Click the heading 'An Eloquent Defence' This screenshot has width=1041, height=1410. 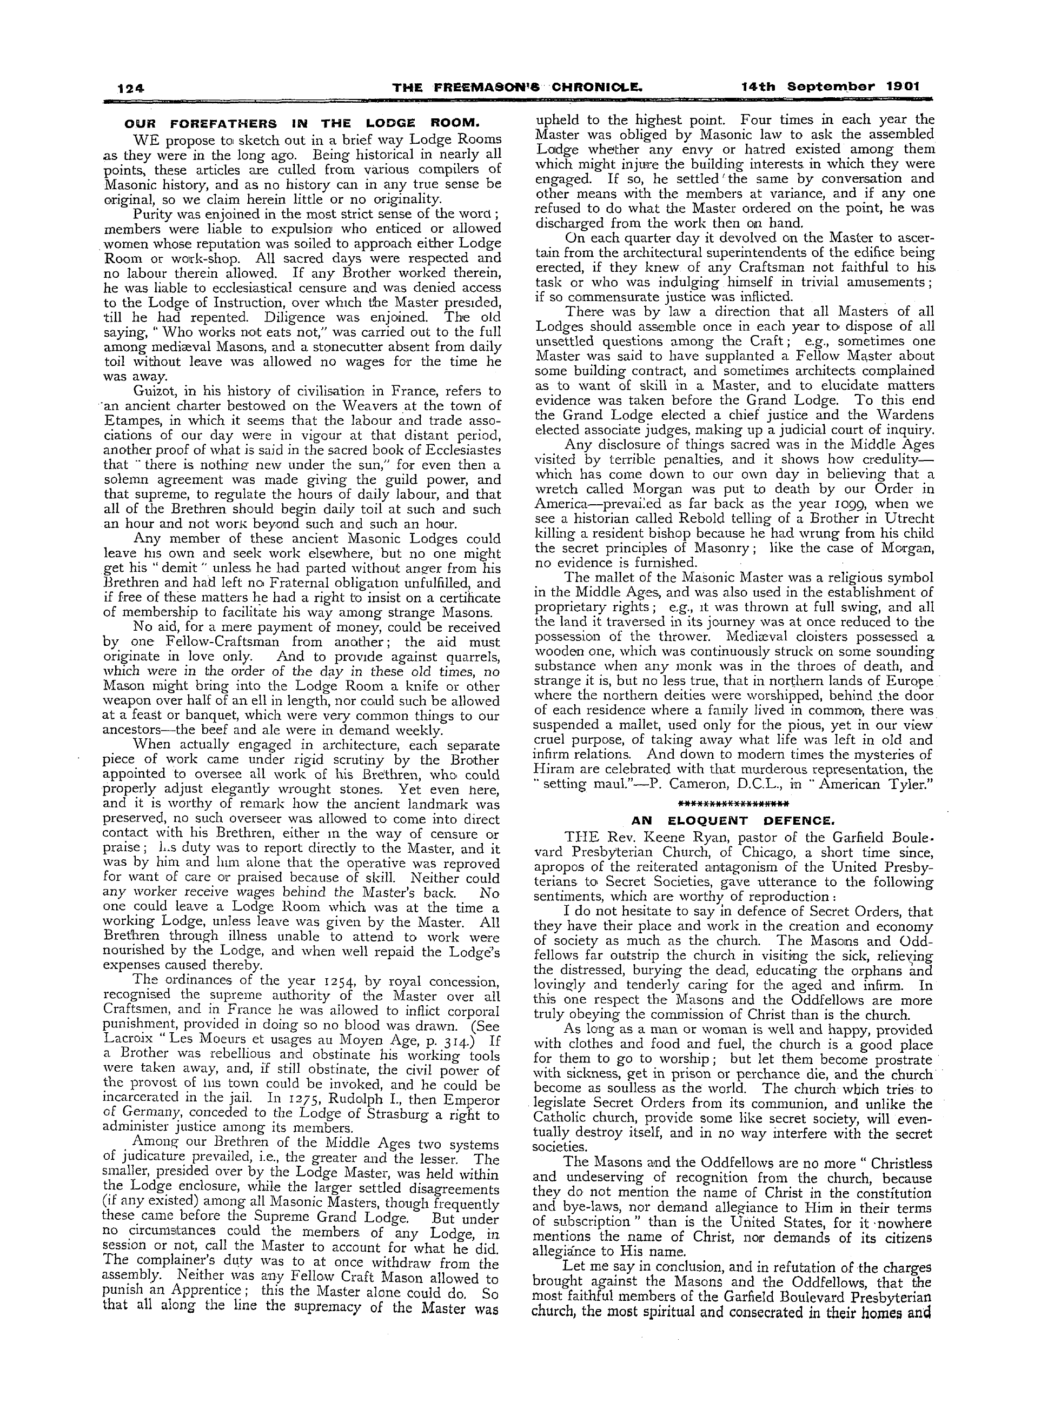click(733, 820)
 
